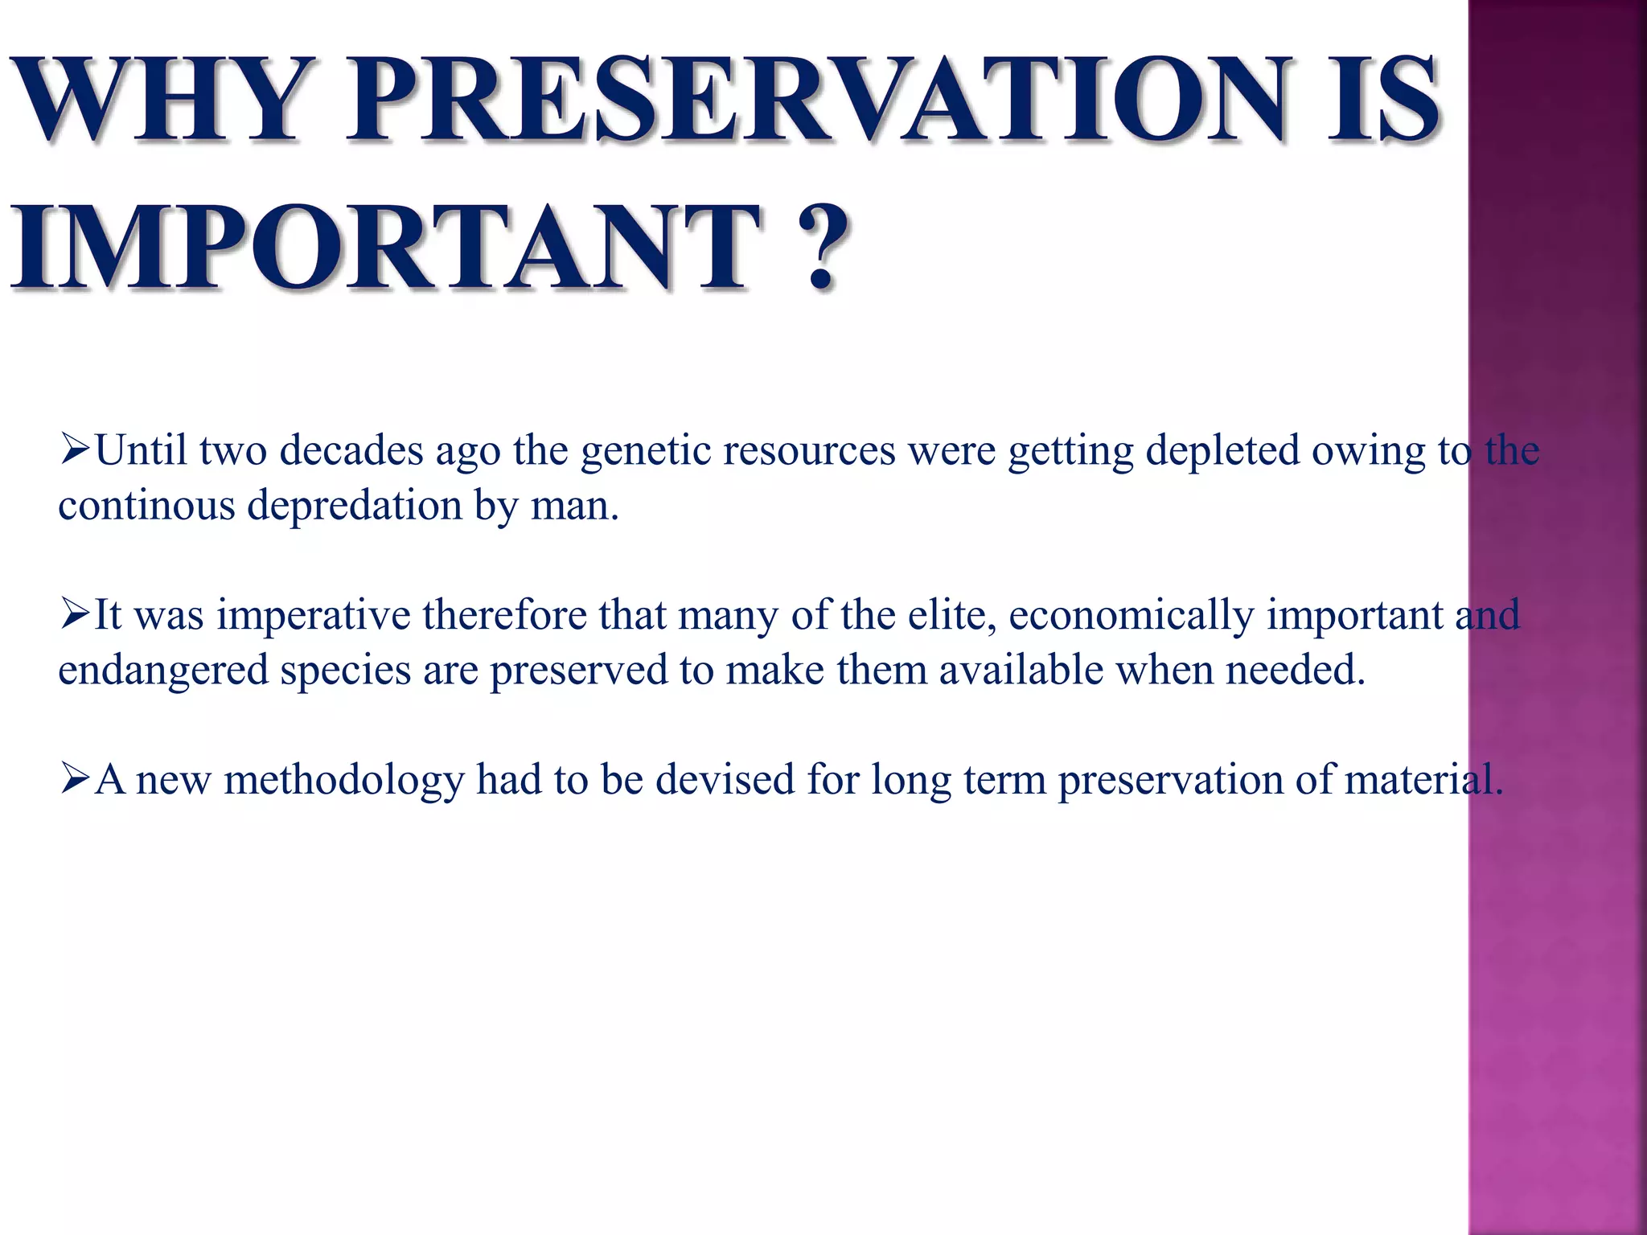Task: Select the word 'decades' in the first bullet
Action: point(351,450)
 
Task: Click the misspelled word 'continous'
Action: point(146,506)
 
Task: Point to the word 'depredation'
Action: point(355,507)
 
